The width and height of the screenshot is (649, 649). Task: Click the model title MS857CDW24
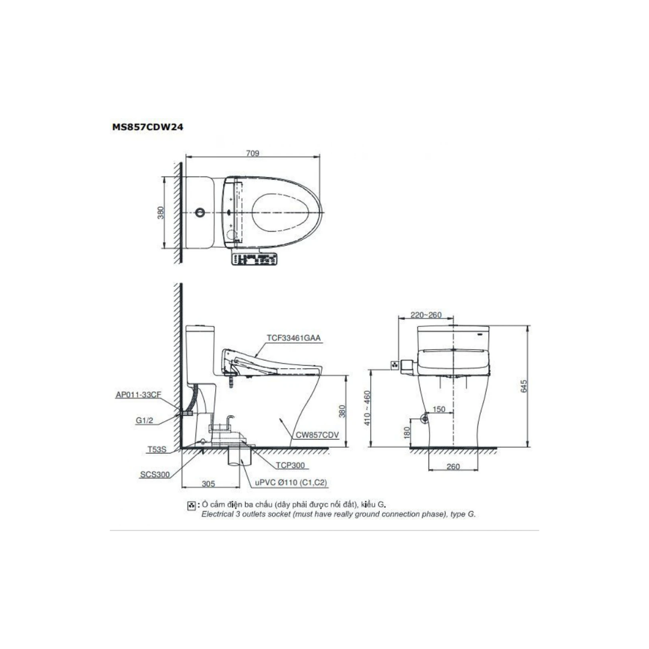point(147,127)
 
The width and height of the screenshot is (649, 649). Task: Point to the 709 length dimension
point(252,153)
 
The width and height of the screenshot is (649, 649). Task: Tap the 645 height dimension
point(524,386)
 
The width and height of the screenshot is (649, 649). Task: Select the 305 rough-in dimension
point(209,483)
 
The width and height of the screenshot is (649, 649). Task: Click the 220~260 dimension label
point(426,315)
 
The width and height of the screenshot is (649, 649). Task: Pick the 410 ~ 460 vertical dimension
point(367,408)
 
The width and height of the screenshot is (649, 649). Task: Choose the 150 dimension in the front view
point(439,409)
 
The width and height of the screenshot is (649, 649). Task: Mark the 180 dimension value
point(407,433)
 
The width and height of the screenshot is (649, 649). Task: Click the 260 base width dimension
point(453,466)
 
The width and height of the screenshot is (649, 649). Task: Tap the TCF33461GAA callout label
point(293,338)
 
